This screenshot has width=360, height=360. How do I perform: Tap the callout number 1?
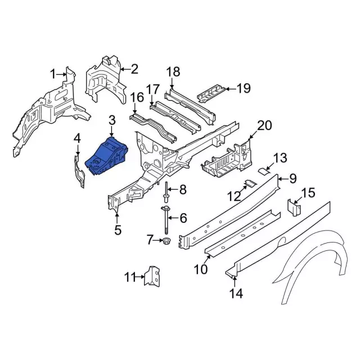53,74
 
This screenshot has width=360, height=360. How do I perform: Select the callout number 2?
134,69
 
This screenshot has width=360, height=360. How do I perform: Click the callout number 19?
242,88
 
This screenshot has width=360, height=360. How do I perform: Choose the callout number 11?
130,276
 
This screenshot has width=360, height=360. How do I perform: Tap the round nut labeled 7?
167,242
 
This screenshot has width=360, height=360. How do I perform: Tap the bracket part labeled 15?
293,207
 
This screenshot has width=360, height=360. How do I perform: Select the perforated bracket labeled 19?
213,92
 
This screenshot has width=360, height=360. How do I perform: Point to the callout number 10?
201,269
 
